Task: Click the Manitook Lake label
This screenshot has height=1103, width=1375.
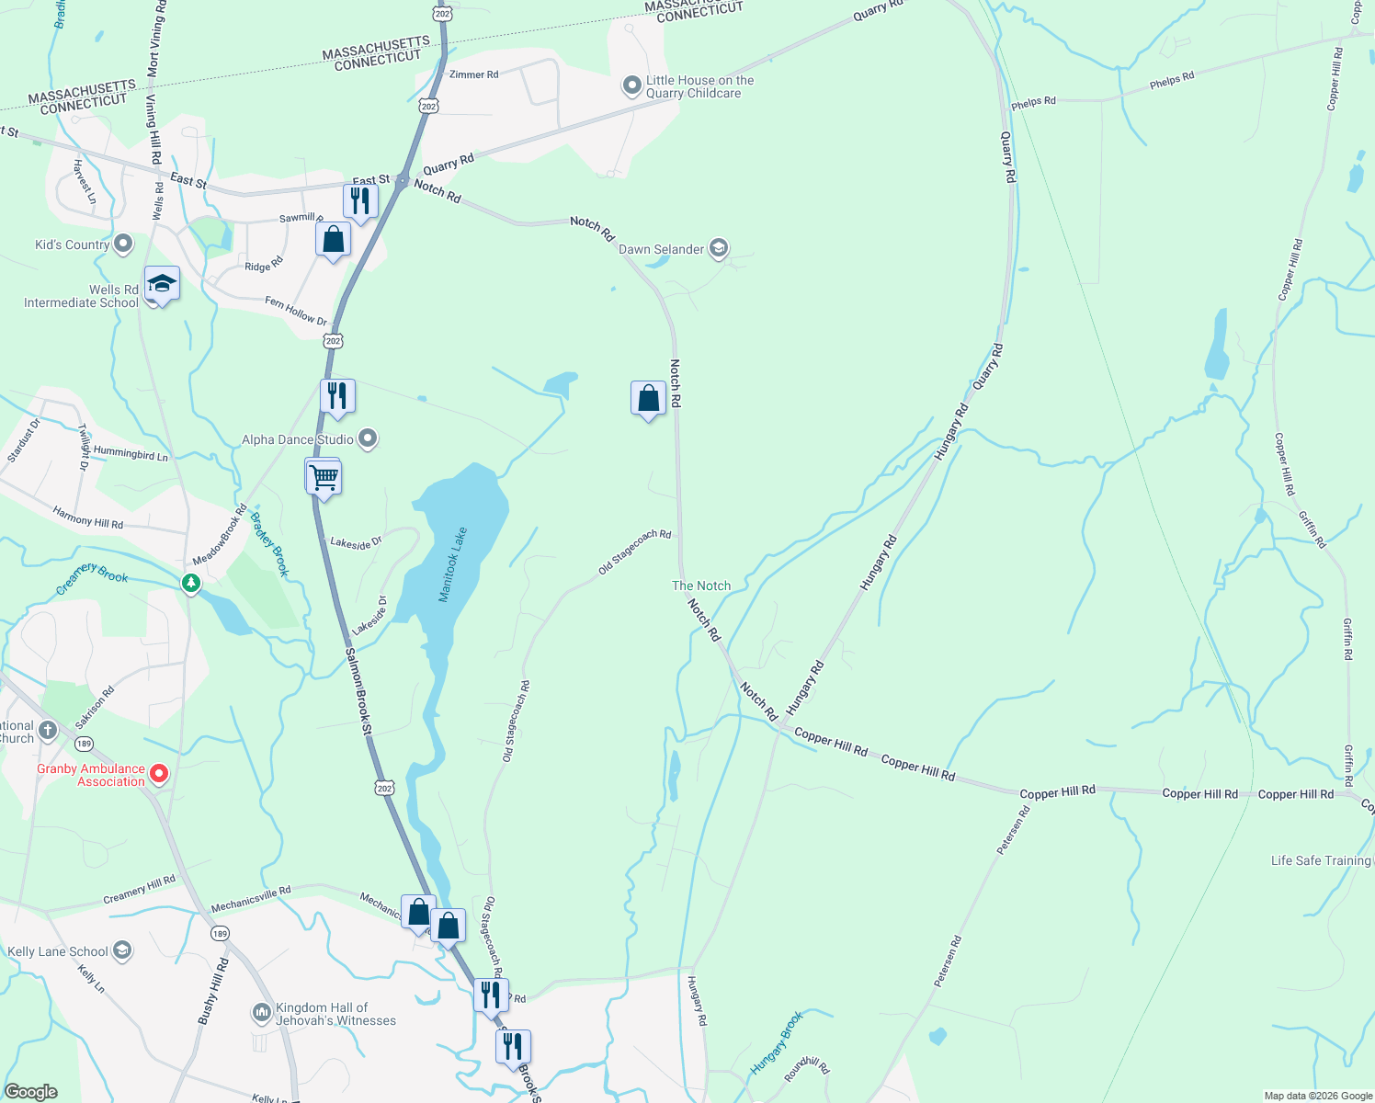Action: [453, 564]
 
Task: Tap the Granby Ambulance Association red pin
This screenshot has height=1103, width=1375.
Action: [159, 774]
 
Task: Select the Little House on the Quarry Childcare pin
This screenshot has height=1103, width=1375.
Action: [631, 86]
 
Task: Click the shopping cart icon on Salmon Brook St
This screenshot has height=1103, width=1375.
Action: [324, 478]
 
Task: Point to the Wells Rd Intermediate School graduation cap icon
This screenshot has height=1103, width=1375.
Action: [162, 284]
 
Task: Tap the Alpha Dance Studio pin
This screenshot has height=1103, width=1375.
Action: [368, 439]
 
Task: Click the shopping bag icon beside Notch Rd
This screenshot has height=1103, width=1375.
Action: [648, 399]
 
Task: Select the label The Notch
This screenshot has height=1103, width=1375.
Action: [701, 586]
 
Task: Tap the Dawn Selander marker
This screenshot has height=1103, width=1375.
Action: [719, 248]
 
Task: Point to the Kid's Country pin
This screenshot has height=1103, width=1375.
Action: [123, 244]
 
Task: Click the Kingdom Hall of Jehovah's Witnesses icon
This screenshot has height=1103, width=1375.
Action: [262, 1013]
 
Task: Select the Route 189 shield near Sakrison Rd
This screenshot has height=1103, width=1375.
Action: [85, 744]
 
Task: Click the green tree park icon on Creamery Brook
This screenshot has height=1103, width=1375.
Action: [191, 583]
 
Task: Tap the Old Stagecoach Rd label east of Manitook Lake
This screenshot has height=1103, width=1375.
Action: [634, 551]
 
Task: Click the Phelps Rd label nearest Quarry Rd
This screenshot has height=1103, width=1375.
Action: [1034, 102]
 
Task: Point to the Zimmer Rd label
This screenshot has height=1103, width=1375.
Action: [474, 74]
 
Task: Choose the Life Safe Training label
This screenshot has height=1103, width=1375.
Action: [1321, 860]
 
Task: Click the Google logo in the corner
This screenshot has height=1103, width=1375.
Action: [31, 1092]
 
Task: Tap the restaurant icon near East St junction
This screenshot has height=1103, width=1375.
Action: [360, 200]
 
